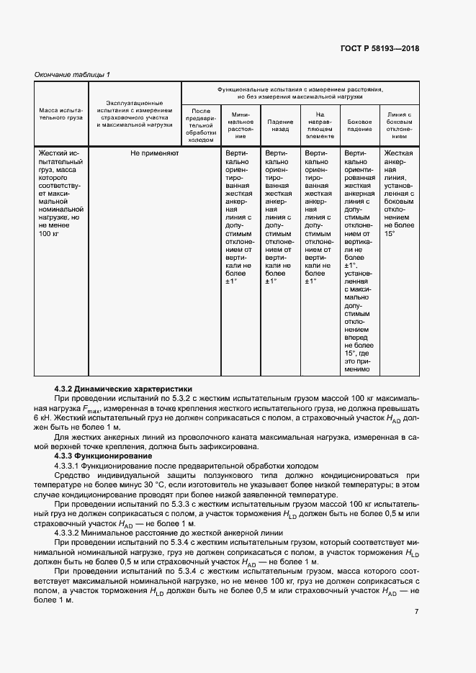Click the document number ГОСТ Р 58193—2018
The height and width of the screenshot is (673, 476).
tap(380, 49)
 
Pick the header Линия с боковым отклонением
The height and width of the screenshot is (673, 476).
tap(399, 125)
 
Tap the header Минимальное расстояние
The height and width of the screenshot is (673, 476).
tap(241, 125)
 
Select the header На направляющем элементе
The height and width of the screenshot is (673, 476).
tap(320, 125)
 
